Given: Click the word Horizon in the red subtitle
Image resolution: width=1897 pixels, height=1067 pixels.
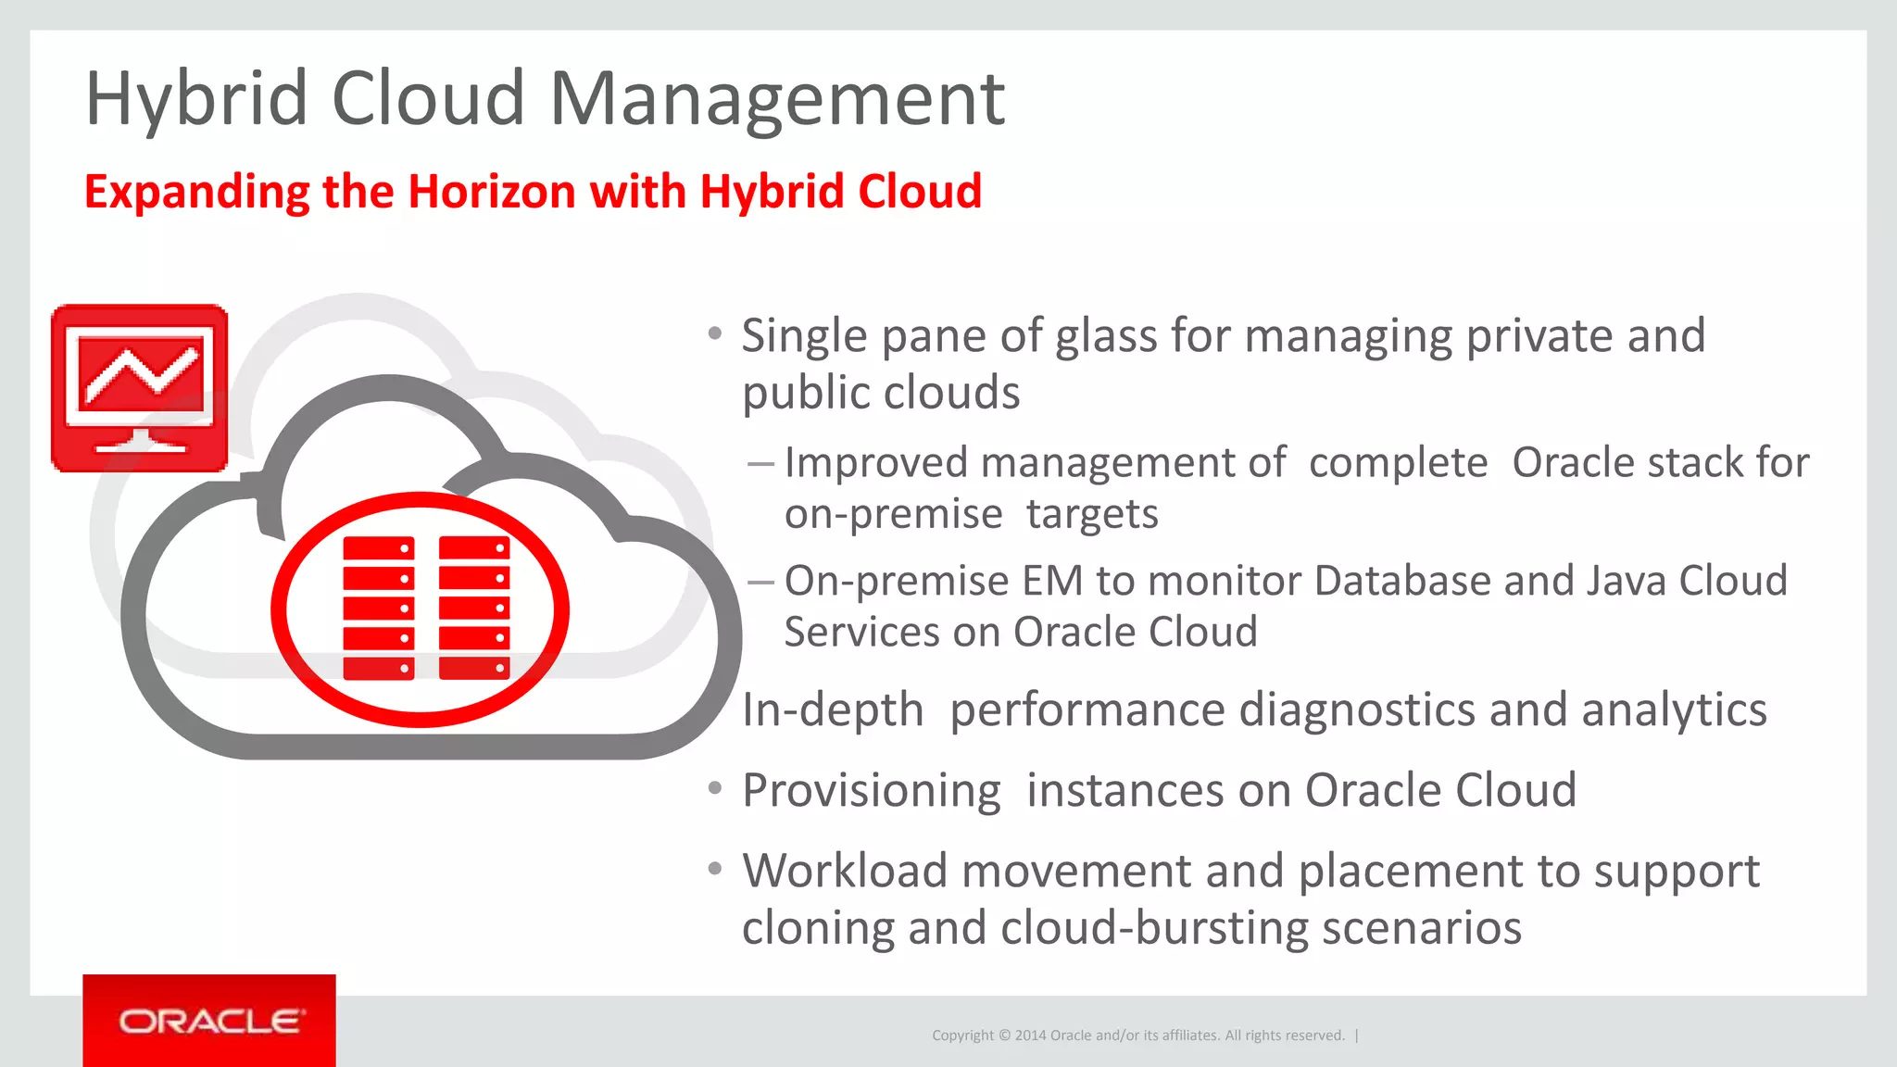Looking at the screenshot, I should [x=491, y=192].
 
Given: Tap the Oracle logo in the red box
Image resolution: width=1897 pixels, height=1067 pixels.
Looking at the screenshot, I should [x=209, y=1021].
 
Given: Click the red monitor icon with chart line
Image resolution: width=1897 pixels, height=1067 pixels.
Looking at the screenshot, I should [x=140, y=388].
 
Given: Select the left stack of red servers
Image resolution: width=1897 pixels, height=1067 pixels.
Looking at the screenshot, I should [x=378, y=608].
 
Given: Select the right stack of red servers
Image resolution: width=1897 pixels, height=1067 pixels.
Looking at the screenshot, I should [x=474, y=608].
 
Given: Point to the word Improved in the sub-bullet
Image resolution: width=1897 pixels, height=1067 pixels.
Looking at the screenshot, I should [x=875, y=462].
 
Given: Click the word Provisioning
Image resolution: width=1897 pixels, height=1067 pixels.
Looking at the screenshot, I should [x=871, y=791].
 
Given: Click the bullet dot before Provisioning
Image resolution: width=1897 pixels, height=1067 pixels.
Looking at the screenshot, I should [x=714, y=788].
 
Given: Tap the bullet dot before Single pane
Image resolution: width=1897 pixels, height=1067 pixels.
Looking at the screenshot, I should [x=714, y=333].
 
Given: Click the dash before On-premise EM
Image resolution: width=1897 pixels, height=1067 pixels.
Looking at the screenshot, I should [x=760, y=582].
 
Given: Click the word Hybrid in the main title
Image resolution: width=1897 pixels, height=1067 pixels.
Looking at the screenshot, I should [x=196, y=99].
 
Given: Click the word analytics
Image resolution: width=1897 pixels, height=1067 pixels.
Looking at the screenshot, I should [x=1674, y=710].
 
